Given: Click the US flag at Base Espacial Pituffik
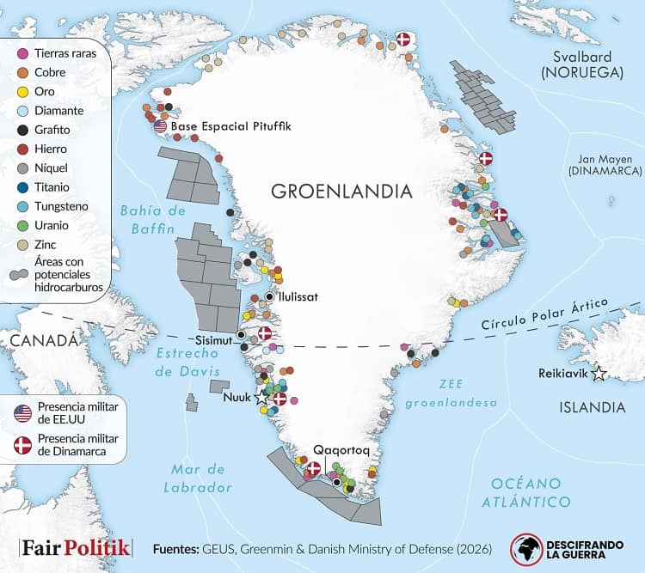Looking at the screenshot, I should click(160, 126).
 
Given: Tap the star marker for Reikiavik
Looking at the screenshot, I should click(599, 374).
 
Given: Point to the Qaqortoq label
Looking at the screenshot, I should click(341, 449).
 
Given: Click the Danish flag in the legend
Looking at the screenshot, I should click(23, 444).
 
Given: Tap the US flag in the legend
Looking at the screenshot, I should click(23, 411).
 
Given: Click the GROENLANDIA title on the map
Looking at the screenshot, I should click(341, 191).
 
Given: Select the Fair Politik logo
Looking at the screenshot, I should click(76, 547).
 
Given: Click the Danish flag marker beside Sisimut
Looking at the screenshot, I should click(264, 332).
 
